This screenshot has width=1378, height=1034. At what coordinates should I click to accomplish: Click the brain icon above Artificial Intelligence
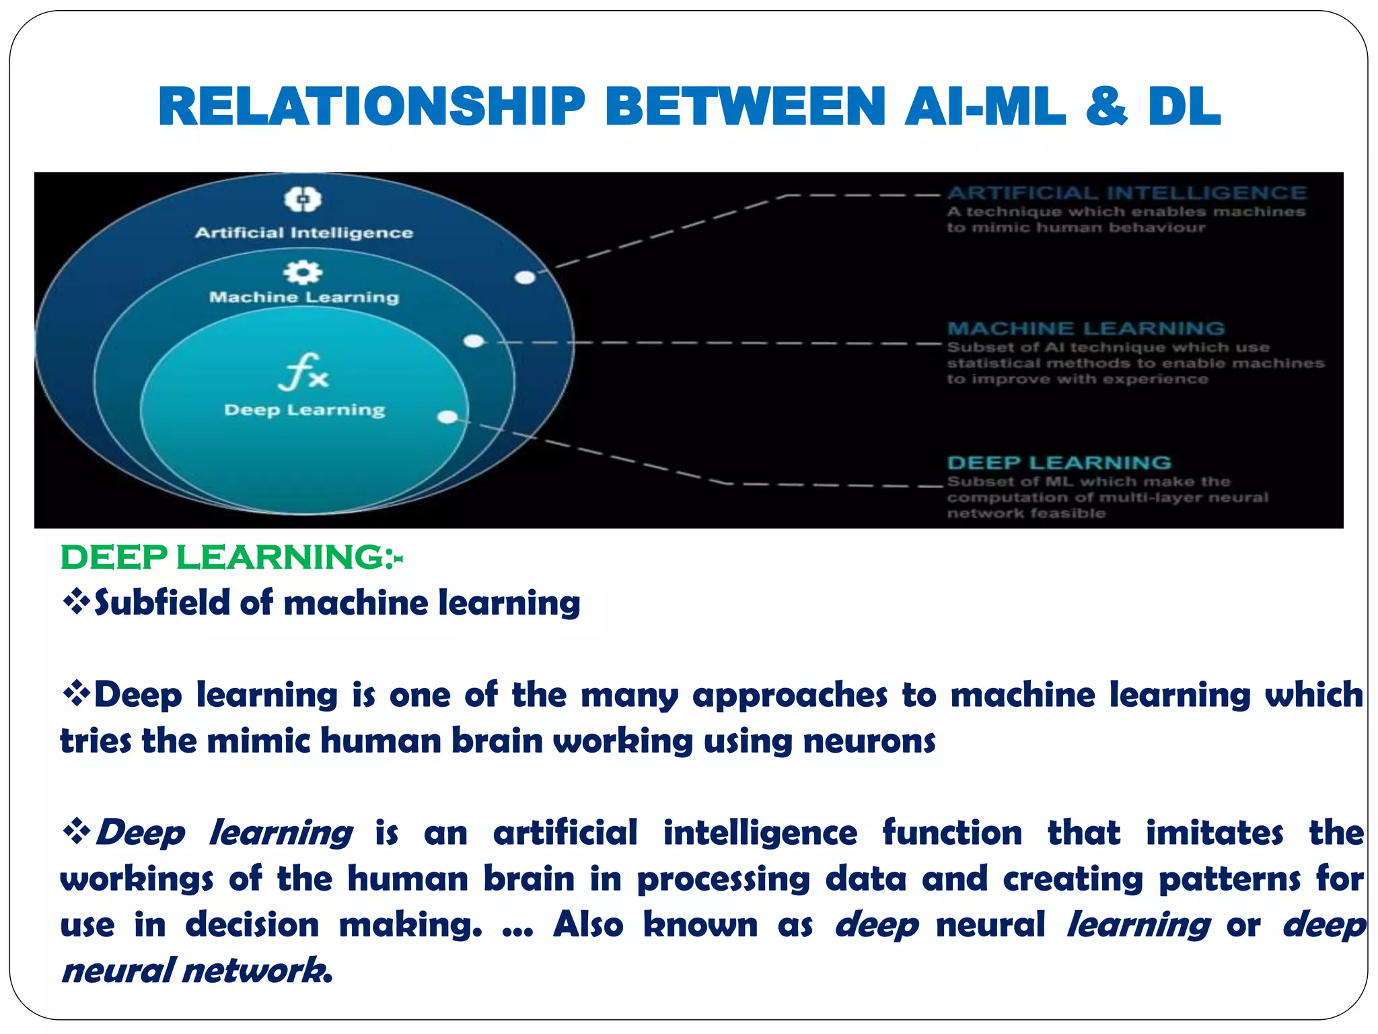pos(303,199)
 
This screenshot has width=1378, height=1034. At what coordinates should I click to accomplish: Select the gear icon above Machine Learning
pos(303,272)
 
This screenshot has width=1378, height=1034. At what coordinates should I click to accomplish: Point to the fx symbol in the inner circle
pos(303,372)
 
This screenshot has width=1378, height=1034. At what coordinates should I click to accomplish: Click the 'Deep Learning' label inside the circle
pos(305,410)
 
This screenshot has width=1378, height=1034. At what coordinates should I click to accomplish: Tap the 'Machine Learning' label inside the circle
pos(304,297)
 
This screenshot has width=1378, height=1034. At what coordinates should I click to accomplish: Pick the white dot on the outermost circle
pos(525,277)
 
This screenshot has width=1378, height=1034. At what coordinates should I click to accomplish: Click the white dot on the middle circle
pos(474,341)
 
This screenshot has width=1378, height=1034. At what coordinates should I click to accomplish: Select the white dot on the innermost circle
pos(447,417)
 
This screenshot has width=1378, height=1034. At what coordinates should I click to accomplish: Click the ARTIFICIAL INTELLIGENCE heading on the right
pos(1127,193)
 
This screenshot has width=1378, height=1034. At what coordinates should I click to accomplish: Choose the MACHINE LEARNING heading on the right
pos(1086,329)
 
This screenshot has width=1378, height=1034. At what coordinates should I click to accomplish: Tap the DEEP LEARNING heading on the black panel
pos(1059,463)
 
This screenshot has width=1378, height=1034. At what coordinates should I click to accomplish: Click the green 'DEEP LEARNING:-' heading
pos(231,557)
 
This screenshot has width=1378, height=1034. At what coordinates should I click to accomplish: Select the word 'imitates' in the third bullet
pos(1214,833)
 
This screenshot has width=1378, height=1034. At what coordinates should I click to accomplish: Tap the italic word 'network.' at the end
pos(258,971)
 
